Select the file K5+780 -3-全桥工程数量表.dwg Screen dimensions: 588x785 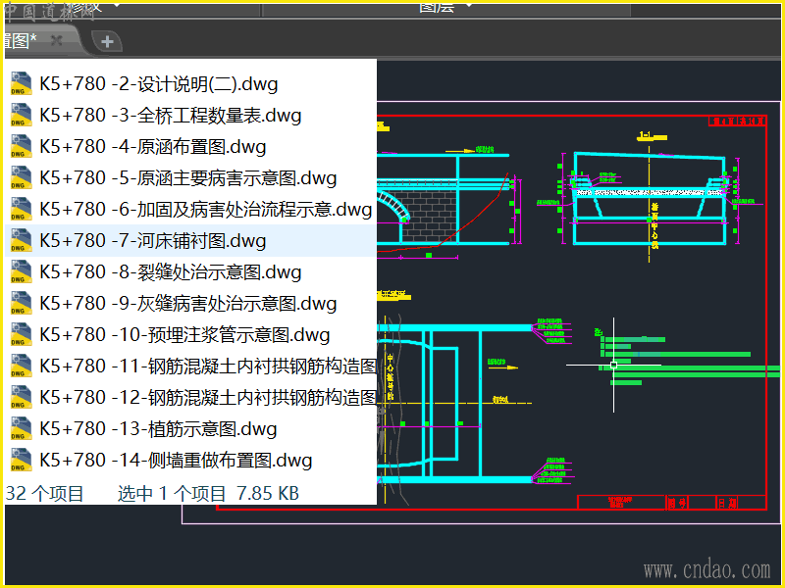click(x=170, y=116)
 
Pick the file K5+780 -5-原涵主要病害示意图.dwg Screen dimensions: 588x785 click(x=187, y=178)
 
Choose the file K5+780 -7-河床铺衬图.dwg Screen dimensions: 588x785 click(x=152, y=241)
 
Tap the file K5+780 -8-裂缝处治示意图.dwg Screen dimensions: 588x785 click(x=170, y=272)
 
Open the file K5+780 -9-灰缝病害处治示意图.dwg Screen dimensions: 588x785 click(x=187, y=304)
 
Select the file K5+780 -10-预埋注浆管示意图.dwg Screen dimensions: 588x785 click(x=184, y=335)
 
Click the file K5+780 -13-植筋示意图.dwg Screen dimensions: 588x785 click(x=158, y=429)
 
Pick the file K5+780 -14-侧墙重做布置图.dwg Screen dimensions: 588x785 click(x=176, y=461)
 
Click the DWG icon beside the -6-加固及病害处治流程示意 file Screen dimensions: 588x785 click(x=20, y=210)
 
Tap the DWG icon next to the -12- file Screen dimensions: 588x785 click(x=20, y=398)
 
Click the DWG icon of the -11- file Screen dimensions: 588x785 click(x=20, y=367)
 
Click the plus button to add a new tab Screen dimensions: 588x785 click(x=108, y=41)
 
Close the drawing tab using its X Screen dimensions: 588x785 click(x=57, y=40)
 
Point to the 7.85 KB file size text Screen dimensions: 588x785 click(x=268, y=493)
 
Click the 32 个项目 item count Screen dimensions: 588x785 click(x=45, y=493)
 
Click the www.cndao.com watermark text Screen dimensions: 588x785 click(x=706, y=569)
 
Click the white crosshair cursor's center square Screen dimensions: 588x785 click(x=614, y=365)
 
